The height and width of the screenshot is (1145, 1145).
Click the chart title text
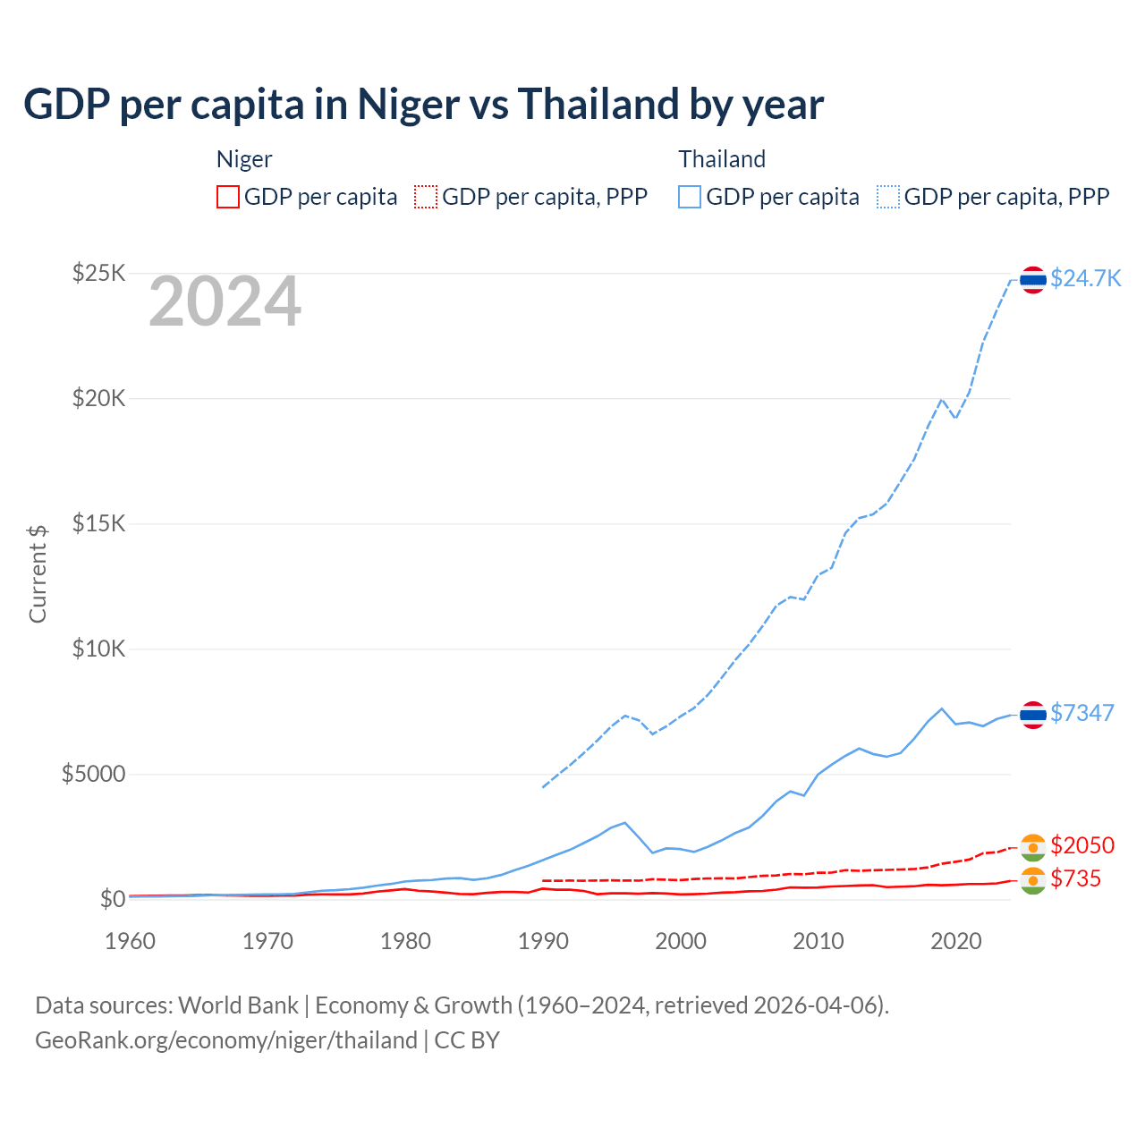pyautogui.click(x=423, y=105)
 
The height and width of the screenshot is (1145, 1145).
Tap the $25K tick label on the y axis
pyautogui.click(x=98, y=273)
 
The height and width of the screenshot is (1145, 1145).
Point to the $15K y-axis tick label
pyautogui.click(x=98, y=523)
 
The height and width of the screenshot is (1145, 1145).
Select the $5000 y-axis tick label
pyautogui.click(x=93, y=774)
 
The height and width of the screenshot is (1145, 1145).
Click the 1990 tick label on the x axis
pyautogui.click(x=543, y=941)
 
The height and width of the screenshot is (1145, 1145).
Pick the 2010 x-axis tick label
pyautogui.click(x=818, y=941)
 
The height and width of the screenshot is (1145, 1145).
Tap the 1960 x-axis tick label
pyautogui.click(x=130, y=941)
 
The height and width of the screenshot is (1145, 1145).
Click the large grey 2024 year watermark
pyautogui.click(x=225, y=302)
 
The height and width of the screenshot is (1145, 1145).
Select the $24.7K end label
pyautogui.click(x=1085, y=278)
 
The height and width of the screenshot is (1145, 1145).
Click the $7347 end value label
pyautogui.click(x=1081, y=713)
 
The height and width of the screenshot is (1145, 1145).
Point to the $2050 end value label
pyautogui.click(x=1081, y=845)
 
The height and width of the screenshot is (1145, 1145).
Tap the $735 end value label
pyautogui.click(x=1075, y=878)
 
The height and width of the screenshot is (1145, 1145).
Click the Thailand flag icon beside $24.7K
pyautogui.click(x=1033, y=280)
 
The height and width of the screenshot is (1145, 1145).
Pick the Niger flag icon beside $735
pyautogui.click(x=1033, y=880)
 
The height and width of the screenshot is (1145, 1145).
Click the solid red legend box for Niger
pyautogui.click(x=228, y=197)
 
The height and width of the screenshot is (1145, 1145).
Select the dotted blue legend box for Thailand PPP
pyautogui.click(x=888, y=197)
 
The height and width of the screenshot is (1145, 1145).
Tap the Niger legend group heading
pyautogui.click(x=244, y=159)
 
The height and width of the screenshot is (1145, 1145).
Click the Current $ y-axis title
pyautogui.click(x=38, y=573)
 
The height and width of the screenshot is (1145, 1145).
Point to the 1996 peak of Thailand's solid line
pyautogui.click(x=624, y=822)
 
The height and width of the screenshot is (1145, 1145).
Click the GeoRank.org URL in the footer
pyautogui.click(x=226, y=1040)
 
